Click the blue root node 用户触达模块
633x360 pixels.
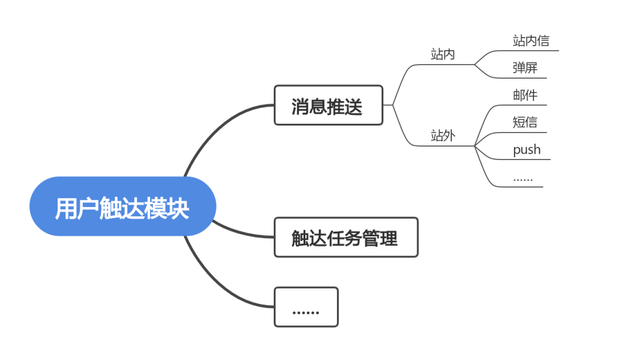tap(122, 206)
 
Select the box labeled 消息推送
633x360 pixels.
tap(328, 106)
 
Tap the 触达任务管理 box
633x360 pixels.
tap(345, 237)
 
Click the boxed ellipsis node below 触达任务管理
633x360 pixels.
tap(306, 307)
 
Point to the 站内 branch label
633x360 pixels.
tap(443, 55)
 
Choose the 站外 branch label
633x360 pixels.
tap(443, 137)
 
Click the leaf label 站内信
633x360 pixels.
tap(530, 41)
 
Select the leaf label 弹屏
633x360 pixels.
tap(525, 68)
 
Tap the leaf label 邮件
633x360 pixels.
tap(525, 96)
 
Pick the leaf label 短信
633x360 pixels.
tap(525, 123)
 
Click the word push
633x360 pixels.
tap(526, 150)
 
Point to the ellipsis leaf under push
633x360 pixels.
tap(522, 178)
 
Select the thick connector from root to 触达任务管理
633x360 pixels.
tap(243, 233)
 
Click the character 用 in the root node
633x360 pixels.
tap(65, 208)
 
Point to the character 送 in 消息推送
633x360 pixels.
tap(353, 106)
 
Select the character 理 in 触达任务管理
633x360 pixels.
tap(388, 238)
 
